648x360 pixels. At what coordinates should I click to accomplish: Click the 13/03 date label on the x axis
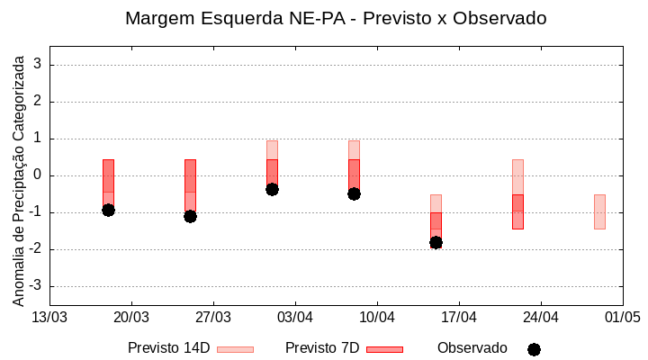coord(49,317)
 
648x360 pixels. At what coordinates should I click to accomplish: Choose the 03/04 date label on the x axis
coord(295,317)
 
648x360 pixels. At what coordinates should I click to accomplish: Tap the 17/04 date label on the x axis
coord(459,317)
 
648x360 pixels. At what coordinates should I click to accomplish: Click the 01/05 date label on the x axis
coord(622,317)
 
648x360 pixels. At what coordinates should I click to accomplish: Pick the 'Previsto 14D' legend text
coord(168,348)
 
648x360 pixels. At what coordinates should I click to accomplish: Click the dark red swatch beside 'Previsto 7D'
coord(384,349)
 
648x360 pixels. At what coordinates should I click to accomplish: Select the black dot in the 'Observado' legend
coord(534,349)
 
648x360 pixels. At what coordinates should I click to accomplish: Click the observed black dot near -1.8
coord(436,242)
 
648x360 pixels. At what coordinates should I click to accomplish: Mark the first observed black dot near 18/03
coord(108,210)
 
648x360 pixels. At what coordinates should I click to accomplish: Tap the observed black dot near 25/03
coord(190,216)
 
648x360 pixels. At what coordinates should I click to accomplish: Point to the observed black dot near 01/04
coord(272,189)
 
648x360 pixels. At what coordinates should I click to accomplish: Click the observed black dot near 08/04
coord(354,193)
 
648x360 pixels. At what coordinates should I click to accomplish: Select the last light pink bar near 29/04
coord(599,211)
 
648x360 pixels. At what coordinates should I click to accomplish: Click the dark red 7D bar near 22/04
coord(517,211)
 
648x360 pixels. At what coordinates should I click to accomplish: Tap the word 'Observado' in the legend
coord(472,348)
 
